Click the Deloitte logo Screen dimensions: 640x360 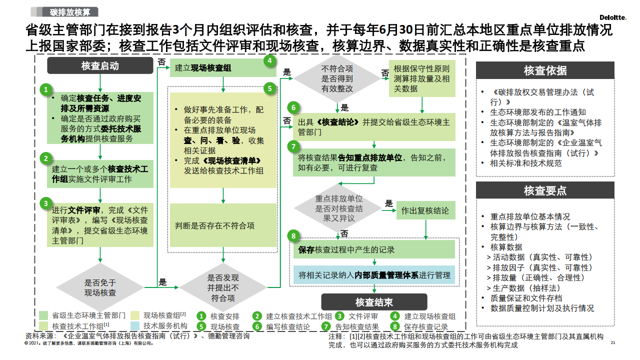click(x=613, y=17)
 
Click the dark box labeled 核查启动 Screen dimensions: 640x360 click(x=100, y=65)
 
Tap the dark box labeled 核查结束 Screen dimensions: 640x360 click(x=374, y=302)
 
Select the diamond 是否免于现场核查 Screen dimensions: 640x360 click(x=100, y=287)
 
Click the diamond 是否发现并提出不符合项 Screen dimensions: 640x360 click(x=223, y=287)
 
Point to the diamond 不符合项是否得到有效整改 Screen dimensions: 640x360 click(x=337, y=78)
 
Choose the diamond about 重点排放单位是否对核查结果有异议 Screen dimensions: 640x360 click(x=338, y=208)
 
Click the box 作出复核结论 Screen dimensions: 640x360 click(x=425, y=210)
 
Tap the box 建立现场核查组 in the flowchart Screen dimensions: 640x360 click(x=223, y=68)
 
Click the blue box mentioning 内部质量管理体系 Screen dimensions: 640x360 click(x=374, y=275)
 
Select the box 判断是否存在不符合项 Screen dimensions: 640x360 click(x=223, y=225)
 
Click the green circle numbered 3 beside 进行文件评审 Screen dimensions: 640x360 click(x=45, y=203)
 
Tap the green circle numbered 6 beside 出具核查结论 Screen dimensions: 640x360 click(x=293, y=107)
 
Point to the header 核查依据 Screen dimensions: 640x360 click(x=545, y=70)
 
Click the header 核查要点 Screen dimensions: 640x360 click(x=545, y=190)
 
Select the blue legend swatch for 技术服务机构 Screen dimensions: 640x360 click(x=135, y=326)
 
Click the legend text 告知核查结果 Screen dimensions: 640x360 click(x=357, y=327)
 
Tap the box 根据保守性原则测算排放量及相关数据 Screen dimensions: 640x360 click(x=422, y=78)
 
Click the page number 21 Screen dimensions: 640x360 click(x=613, y=342)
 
